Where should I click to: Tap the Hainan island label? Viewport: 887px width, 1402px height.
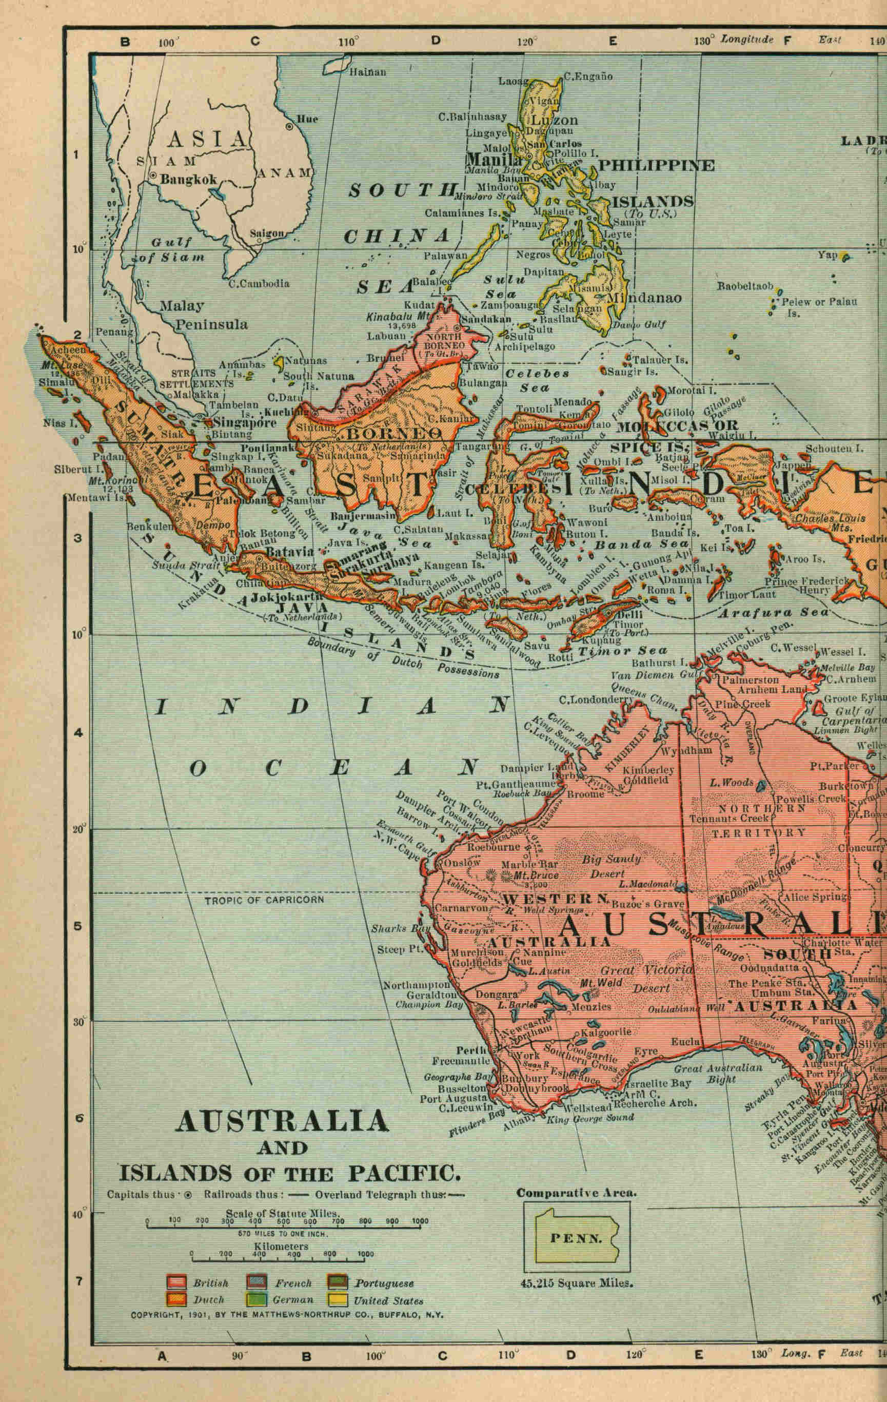(367, 72)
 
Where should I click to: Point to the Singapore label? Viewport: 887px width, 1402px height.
(244, 423)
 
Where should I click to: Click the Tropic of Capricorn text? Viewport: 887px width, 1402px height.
(264, 900)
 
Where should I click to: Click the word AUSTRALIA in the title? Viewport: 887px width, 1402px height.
(282, 1121)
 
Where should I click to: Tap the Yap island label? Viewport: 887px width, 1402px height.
(827, 255)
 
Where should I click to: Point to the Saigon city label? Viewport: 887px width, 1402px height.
(267, 233)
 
